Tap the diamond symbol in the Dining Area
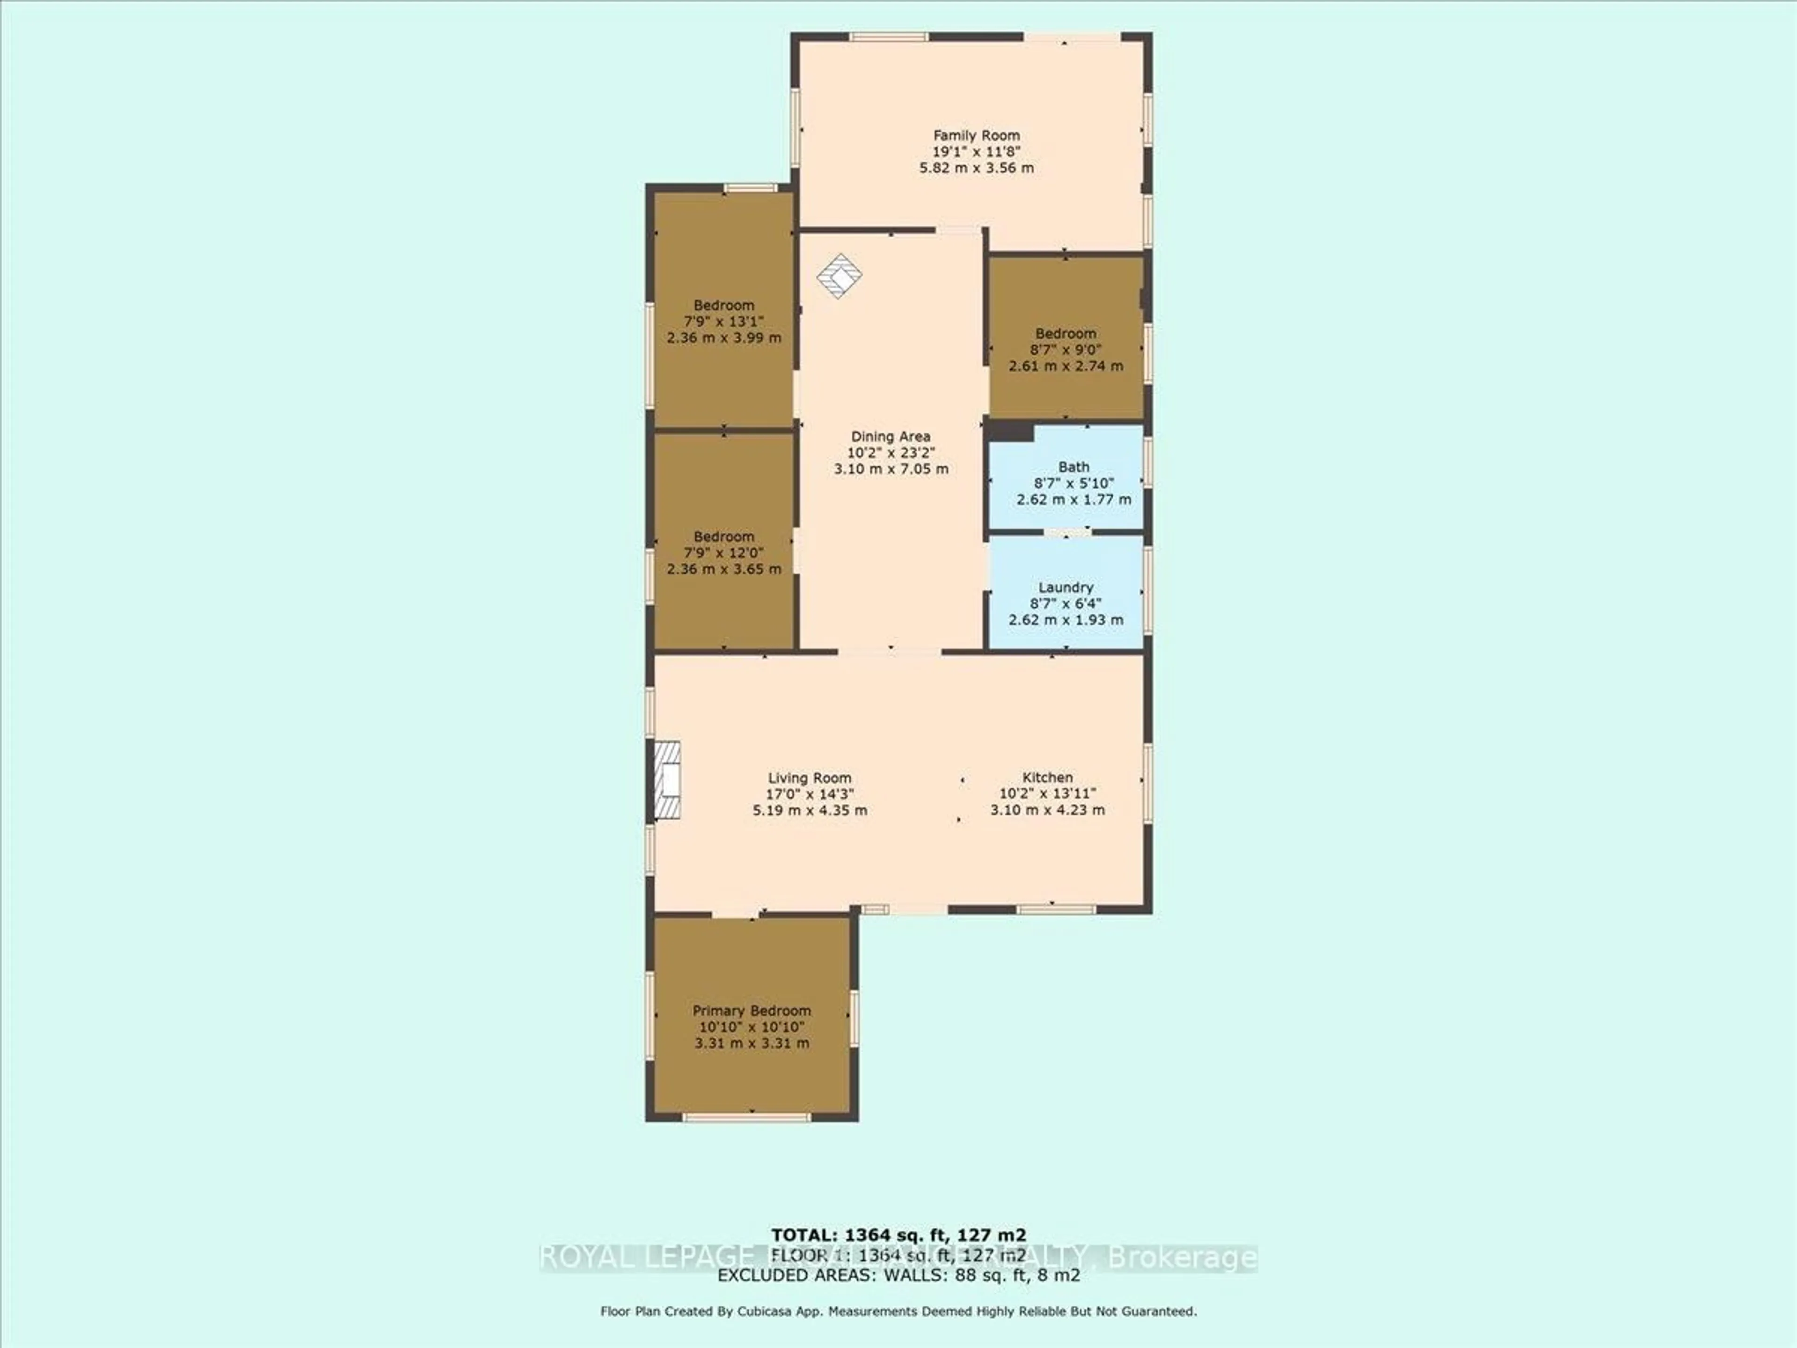point(839,276)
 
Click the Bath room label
point(1073,467)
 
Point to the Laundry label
point(1065,587)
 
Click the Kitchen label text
point(1047,777)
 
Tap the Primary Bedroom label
point(752,1011)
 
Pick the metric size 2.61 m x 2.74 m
point(1065,366)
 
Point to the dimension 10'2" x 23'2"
point(891,453)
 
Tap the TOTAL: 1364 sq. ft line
point(898,1235)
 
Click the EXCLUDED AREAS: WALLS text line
point(898,1275)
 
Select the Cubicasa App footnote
point(898,1311)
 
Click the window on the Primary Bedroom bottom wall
point(746,1117)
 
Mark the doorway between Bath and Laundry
point(1067,533)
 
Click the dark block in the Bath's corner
point(1010,432)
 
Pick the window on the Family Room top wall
point(889,37)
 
